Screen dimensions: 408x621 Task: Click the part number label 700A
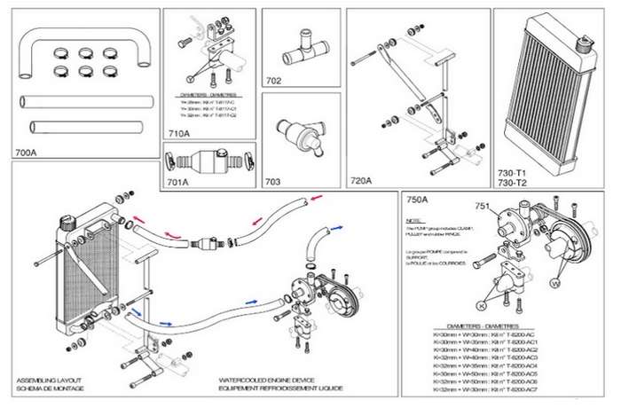[x=27, y=153]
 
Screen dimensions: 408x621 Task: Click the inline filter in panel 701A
[x=208, y=164]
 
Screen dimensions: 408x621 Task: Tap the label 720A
[x=361, y=181]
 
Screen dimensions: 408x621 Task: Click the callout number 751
[x=483, y=206]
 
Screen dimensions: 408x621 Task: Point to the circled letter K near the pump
[x=482, y=304]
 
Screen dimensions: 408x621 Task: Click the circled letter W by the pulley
[x=556, y=284]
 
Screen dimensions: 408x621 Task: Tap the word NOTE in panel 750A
[x=413, y=221]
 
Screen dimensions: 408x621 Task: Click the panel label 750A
[x=417, y=200]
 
